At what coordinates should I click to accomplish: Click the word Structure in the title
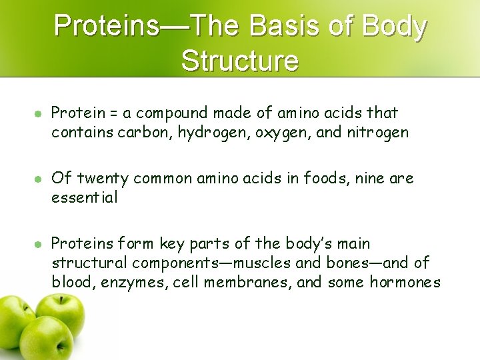240,61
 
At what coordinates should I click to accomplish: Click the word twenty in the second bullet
102,179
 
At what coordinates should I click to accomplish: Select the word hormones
403,283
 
